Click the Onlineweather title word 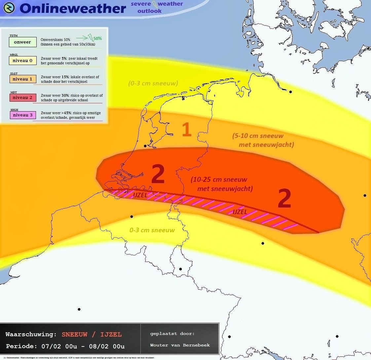(73, 9)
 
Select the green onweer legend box (22, 42)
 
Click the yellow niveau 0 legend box (22, 61)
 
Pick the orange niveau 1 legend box (22, 79)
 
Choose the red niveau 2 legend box (22, 98)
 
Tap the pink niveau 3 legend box (22, 115)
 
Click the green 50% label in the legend (97, 39)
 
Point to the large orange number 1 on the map (187, 130)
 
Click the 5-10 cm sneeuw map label (258, 136)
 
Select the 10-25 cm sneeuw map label (219, 180)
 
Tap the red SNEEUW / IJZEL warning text (92, 335)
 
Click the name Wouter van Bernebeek (180, 345)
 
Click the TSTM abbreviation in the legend (14, 36)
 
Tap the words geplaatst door (172, 334)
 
